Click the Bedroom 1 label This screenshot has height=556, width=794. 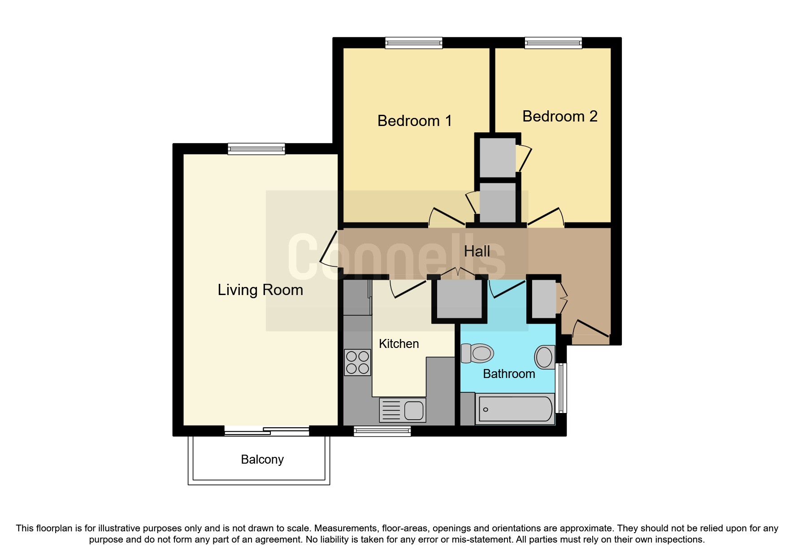pyautogui.click(x=414, y=121)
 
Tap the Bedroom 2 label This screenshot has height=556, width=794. pyautogui.click(x=560, y=117)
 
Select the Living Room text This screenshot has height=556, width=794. pyautogui.click(x=260, y=290)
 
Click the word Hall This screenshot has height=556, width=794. pyautogui.click(x=477, y=252)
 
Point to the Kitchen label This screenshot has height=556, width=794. pyautogui.click(x=399, y=344)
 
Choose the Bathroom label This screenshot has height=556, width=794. pyautogui.click(x=509, y=374)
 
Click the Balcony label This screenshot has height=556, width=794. pyautogui.click(x=262, y=460)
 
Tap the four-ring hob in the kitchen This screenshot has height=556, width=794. pyautogui.click(x=357, y=362)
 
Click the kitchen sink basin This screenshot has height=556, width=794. pyautogui.click(x=414, y=410)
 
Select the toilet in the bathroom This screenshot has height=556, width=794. pyautogui.click(x=477, y=353)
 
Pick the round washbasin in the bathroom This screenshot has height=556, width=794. pyautogui.click(x=545, y=357)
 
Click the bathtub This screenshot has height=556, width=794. pyautogui.click(x=515, y=409)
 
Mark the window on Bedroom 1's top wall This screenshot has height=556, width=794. pyautogui.click(x=413, y=43)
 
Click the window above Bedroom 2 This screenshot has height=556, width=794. pyautogui.click(x=553, y=43)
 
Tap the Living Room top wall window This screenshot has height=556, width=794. pyautogui.click(x=256, y=149)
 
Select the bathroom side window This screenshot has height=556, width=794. pyautogui.click(x=561, y=388)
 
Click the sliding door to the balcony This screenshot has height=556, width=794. pyautogui.click(x=266, y=431)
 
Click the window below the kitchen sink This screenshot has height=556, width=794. pyautogui.click(x=382, y=431)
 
